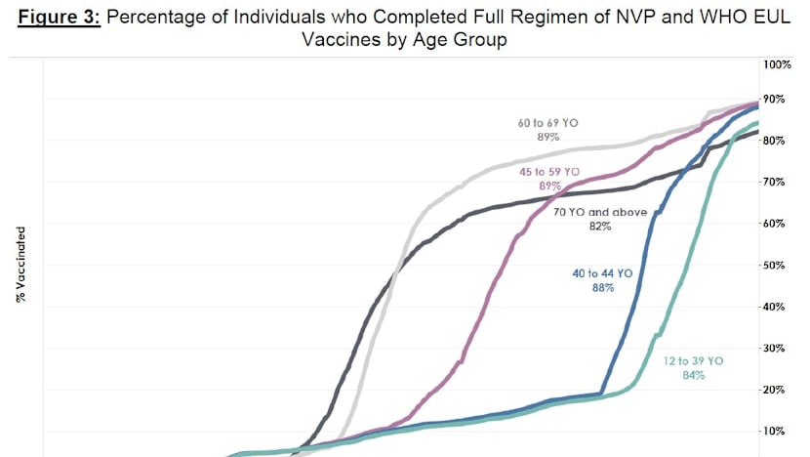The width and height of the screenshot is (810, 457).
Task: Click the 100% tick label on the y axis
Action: [x=777, y=64]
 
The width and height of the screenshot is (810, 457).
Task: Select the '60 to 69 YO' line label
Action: [x=547, y=124]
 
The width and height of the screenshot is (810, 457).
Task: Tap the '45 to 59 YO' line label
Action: [x=548, y=172]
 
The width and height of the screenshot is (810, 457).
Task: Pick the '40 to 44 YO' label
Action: [x=602, y=274]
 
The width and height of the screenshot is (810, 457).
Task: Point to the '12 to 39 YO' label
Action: [x=692, y=360]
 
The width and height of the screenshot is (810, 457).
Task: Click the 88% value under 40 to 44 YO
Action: [x=602, y=288]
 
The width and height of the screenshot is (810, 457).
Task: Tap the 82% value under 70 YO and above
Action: [x=599, y=227]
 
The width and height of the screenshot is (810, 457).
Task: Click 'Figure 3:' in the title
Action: [x=61, y=18]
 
